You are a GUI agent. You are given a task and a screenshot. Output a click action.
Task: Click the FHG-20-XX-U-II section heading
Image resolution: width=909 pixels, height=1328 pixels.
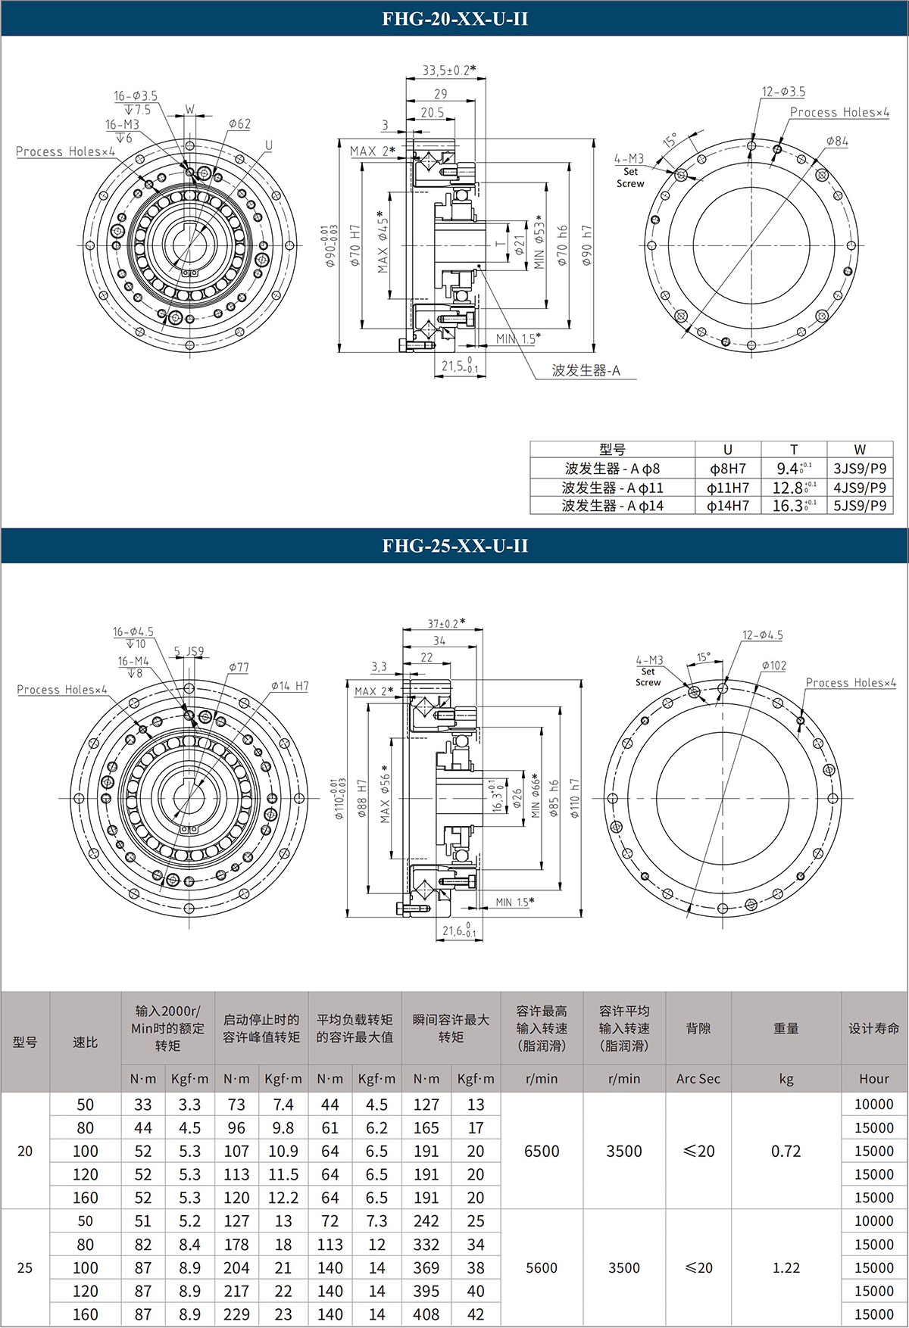pyautogui.click(x=454, y=18)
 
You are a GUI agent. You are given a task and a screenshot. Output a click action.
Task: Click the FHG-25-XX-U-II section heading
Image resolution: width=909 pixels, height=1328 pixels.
pyautogui.click(x=454, y=545)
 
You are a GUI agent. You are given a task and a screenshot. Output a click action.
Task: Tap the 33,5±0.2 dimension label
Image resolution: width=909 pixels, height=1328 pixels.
pyautogui.click(x=449, y=70)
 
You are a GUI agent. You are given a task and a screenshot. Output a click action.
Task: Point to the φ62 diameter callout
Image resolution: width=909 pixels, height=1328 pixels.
pyautogui.click(x=239, y=123)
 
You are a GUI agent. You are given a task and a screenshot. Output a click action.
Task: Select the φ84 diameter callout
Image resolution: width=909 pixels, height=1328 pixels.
pyautogui.click(x=837, y=141)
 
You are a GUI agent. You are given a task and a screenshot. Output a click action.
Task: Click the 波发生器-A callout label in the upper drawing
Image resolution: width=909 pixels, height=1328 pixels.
pyautogui.click(x=586, y=370)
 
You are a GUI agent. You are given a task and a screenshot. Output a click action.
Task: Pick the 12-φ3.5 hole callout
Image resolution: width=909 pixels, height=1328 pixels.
pyautogui.click(x=783, y=92)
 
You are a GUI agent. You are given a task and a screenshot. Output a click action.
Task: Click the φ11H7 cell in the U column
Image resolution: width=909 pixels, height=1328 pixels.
pyautogui.click(x=728, y=488)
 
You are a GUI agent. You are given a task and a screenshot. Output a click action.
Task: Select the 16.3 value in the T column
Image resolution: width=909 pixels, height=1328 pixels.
pyautogui.click(x=794, y=506)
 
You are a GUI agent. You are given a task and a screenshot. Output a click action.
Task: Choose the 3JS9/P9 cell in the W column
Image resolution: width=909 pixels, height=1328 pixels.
pyautogui.click(x=860, y=469)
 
